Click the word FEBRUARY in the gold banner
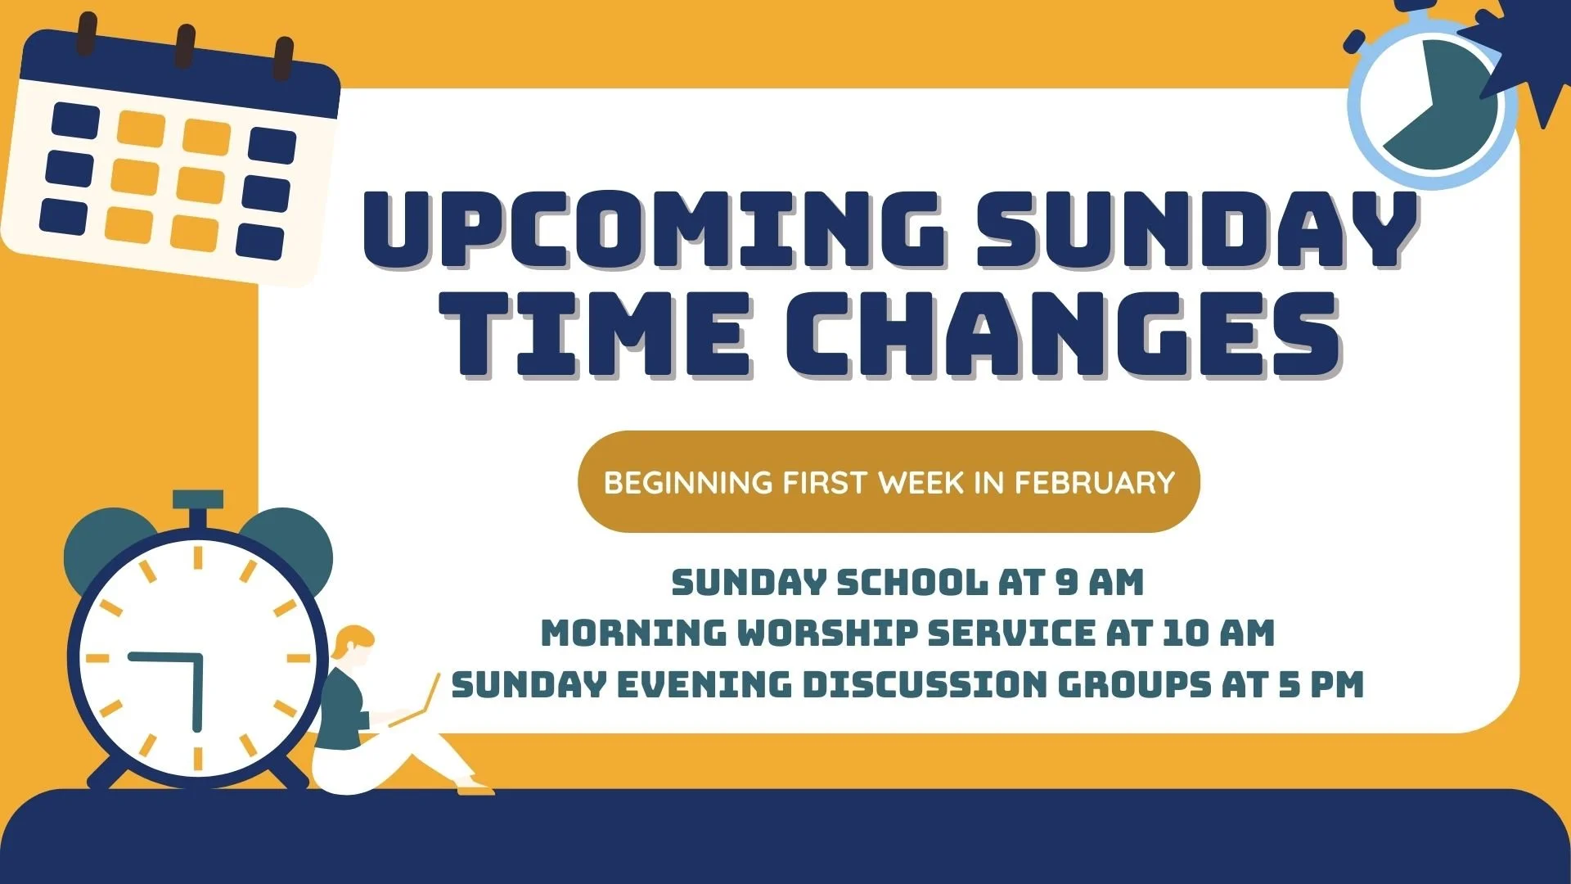pos(1095,482)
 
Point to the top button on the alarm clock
pos(197,499)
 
